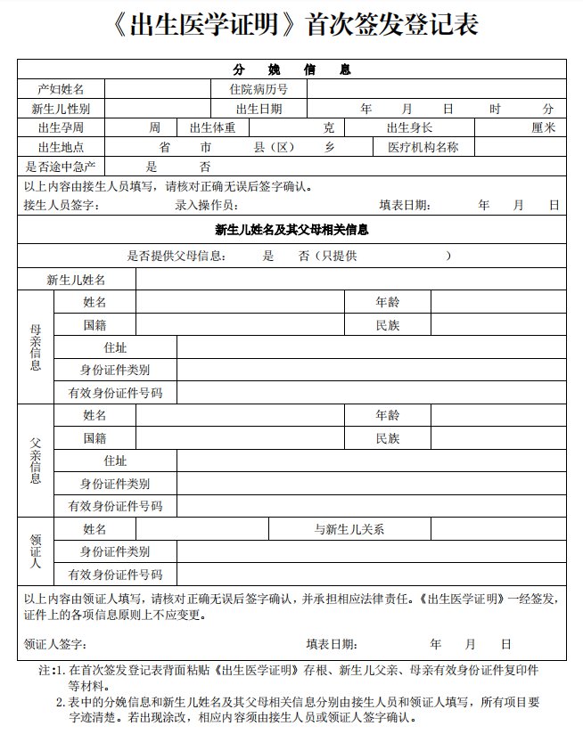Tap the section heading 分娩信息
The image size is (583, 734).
pyautogui.click(x=291, y=69)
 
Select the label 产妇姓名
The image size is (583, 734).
pyautogui.click(x=61, y=89)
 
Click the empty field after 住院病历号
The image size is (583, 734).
pyautogui.click(x=436, y=89)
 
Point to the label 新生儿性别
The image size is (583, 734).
pyautogui.click(x=61, y=109)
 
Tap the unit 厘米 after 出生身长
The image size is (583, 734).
pyautogui.click(x=543, y=127)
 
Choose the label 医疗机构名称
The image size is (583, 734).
pyautogui.click(x=423, y=147)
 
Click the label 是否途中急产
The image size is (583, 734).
pyautogui.click(x=61, y=167)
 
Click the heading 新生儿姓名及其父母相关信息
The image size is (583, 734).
pyautogui.click(x=291, y=230)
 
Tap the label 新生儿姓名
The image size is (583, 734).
pyautogui.click(x=77, y=280)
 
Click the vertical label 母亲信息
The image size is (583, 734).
pyautogui.click(x=36, y=347)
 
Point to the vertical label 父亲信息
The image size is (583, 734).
pyautogui.click(x=36, y=461)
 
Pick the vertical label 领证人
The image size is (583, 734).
pyautogui.click(x=36, y=551)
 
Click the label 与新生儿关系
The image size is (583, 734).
pyautogui.click(x=349, y=529)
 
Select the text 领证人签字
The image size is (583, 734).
pyautogui.click(x=55, y=644)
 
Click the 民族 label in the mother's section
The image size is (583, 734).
pyautogui.click(x=388, y=325)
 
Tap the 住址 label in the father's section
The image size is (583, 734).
pyautogui.click(x=115, y=461)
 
